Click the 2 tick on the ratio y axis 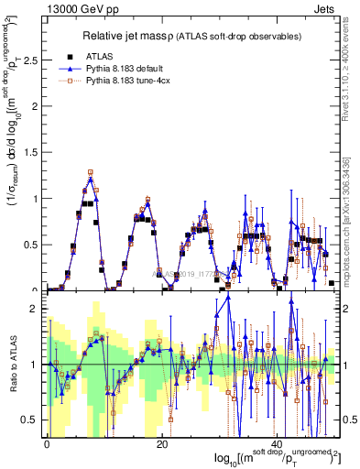pos(34,309)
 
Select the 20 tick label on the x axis pos(161,443)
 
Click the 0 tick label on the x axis pos(47,443)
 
